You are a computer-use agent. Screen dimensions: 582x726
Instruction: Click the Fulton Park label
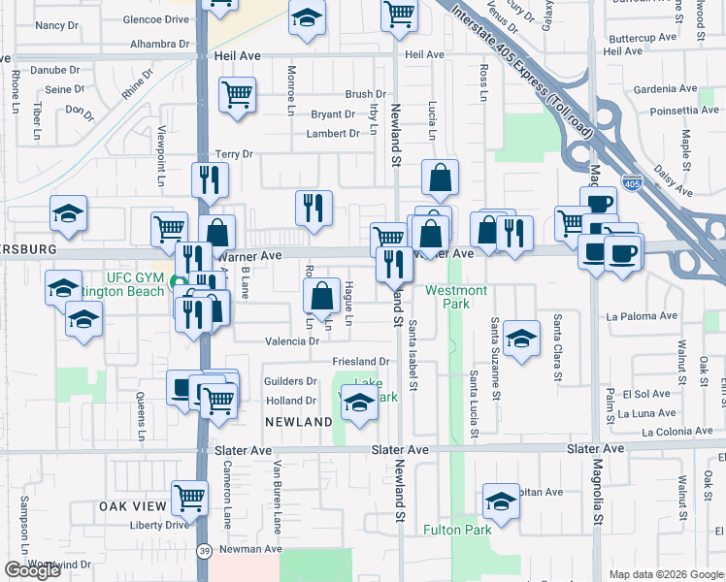tap(457, 530)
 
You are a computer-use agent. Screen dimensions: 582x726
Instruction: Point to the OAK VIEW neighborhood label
tap(133, 507)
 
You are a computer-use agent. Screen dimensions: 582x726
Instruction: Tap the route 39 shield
tap(202, 550)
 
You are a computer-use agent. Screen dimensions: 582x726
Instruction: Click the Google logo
tap(32, 570)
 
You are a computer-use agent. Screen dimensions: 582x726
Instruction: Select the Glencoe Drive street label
tap(155, 18)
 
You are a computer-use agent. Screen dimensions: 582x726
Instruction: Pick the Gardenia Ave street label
tap(665, 88)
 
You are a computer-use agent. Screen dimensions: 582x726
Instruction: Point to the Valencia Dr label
tap(292, 341)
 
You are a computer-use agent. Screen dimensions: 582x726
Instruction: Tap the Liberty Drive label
tap(157, 525)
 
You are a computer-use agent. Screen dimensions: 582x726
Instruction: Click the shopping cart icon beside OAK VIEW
tap(189, 498)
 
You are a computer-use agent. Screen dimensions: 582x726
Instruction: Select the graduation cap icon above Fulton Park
tap(501, 501)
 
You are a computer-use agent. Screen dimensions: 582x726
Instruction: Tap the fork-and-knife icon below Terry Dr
tap(209, 178)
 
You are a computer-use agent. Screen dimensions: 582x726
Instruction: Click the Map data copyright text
tap(666, 574)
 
